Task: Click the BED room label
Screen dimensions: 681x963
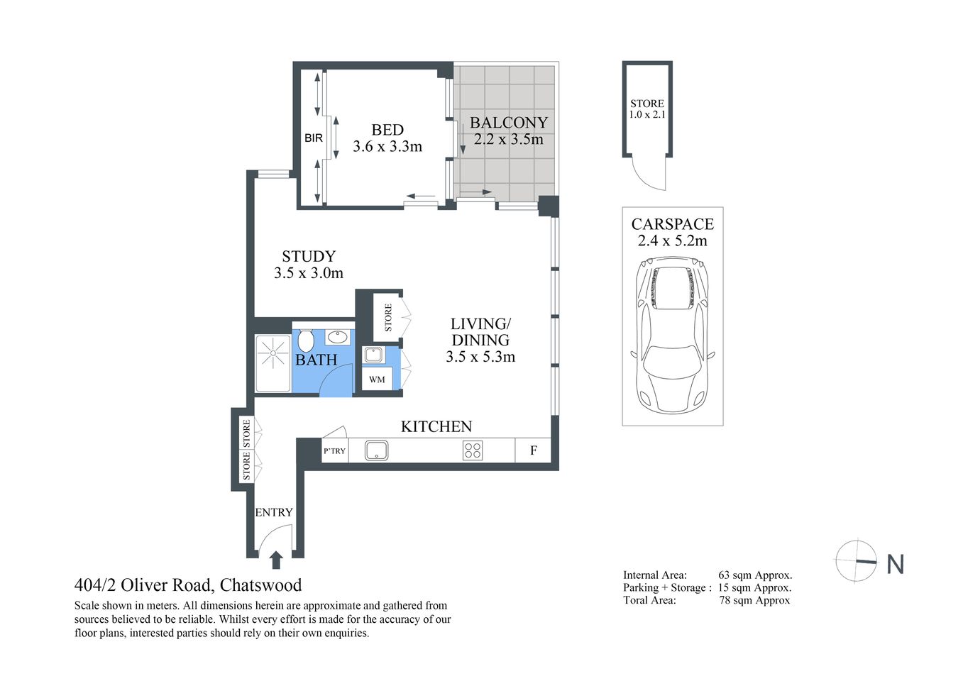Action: (x=387, y=130)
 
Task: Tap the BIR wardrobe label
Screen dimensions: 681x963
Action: (x=314, y=138)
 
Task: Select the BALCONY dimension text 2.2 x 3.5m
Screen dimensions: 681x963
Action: (x=508, y=140)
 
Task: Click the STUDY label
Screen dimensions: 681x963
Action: (x=308, y=256)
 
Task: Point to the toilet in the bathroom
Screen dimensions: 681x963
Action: (x=306, y=340)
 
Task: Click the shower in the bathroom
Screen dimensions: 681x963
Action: (x=273, y=364)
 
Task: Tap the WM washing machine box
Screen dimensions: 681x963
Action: (x=377, y=380)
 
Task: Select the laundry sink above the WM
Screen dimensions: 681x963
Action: (x=373, y=355)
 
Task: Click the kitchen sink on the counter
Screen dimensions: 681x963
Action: (x=376, y=450)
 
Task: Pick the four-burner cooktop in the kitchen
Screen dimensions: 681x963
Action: (x=473, y=450)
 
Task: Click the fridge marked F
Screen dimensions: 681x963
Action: (x=534, y=450)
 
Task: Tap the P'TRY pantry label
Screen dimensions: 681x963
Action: (x=334, y=450)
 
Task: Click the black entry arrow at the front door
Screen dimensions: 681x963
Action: (x=276, y=560)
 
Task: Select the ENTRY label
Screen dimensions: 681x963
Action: (x=274, y=512)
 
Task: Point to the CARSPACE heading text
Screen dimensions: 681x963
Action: (x=672, y=224)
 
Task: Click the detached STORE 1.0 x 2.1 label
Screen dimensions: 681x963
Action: (x=647, y=109)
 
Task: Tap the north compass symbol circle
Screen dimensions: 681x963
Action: (x=856, y=560)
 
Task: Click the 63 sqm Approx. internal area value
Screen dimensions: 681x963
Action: (x=755, y=575)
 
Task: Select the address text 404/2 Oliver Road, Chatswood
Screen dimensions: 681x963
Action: (x=188, y=585)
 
